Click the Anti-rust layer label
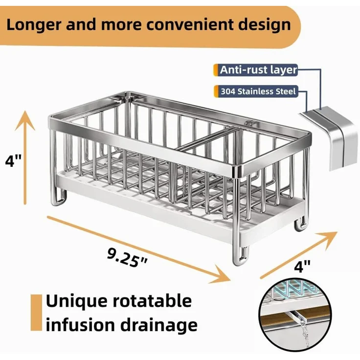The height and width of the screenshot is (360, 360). pos(258,69)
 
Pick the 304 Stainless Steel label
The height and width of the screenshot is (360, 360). pos(258,91)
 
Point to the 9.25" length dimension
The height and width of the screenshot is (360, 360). pos(127,258)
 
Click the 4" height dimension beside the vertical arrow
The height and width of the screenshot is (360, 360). pos(13,160)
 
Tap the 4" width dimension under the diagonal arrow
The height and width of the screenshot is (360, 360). pos(302,266)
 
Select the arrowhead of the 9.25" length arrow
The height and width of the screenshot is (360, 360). pos(230,280)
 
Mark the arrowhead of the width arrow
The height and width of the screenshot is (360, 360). pos(337,232)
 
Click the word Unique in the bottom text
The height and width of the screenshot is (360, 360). pos(76,301)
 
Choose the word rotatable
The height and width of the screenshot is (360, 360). pos(152,300)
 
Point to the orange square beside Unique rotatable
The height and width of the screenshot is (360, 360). pos(37,313)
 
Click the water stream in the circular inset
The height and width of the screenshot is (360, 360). pos(305,332)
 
